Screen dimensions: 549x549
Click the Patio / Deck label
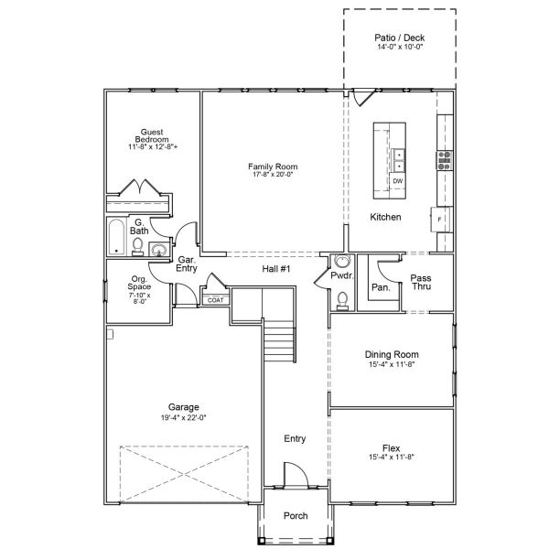[x=400, y=38]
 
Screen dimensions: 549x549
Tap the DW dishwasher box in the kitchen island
[x=398, y=181]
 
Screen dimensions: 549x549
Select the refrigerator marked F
[x=439, y=221]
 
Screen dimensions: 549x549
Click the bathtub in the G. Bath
[x=117, y=237]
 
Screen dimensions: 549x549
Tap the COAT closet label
[x=215, y=299]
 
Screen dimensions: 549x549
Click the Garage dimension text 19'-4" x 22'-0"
[x=183, y=417]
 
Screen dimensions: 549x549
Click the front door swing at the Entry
[x=295, y=475]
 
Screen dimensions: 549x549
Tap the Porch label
[x=295, y=516]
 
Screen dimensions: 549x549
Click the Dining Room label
[x=392, y=354]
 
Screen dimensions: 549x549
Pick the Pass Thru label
[x=421, y=282]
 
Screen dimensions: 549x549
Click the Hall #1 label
[x=276, y=268]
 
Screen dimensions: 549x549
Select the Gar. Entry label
[x=187, y=264]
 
